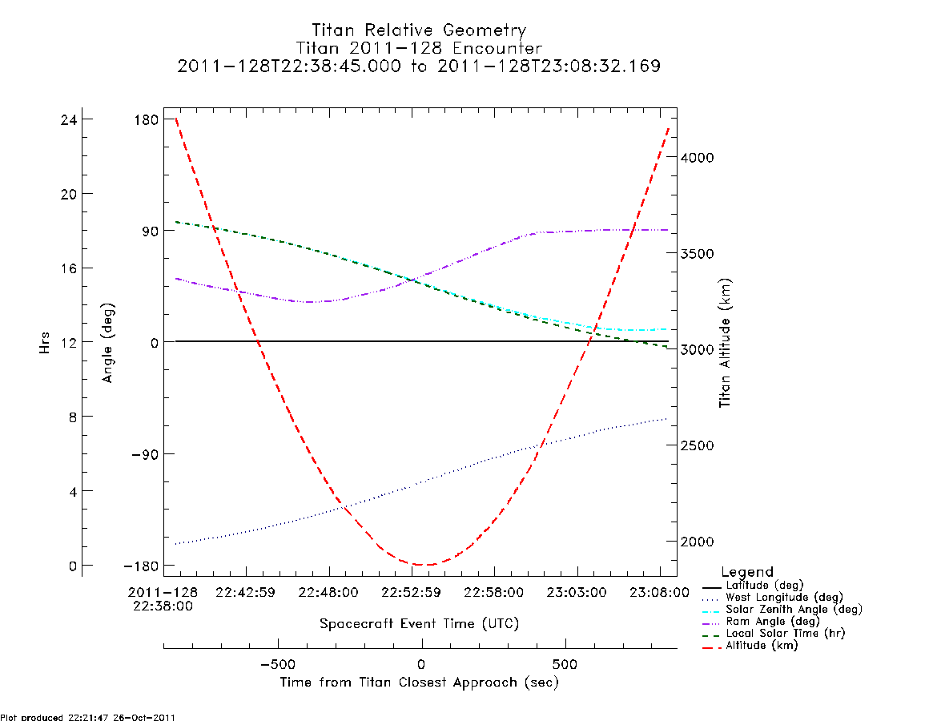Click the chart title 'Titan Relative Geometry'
click(419, 30)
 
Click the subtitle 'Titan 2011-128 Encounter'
click(419, 48)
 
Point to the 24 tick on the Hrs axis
click(69, 119)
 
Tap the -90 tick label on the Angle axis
click(143, 454)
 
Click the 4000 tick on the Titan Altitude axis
click(698, 157)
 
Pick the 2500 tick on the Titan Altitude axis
click(698, 445)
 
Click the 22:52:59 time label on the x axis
click(411, 592)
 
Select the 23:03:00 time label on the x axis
click(577, 592)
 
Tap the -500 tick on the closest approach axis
click(278, 664)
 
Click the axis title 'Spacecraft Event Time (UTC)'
click(419, 623)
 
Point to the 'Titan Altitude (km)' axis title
click(725, 343)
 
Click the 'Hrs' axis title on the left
click(45, 343)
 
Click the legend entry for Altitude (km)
click(750, 646)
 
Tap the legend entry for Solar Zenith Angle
click(782, 609)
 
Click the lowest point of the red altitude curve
click(422, 565)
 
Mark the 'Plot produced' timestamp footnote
click(88, 717)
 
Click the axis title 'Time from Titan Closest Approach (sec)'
click(419, 683)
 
